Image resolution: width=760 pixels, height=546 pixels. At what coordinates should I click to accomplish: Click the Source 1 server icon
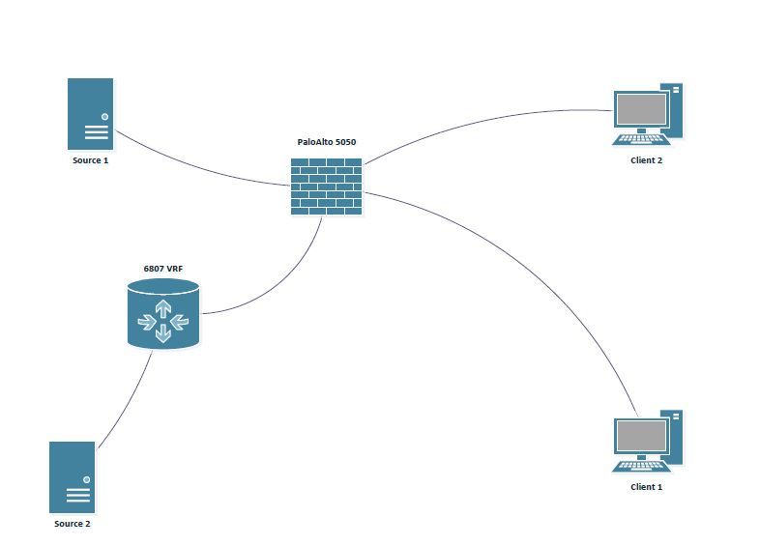pos(90,113)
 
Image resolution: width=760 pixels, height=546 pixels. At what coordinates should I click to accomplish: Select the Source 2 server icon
pos(73,476)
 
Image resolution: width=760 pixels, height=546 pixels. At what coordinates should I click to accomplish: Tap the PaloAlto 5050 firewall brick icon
pos(326,186)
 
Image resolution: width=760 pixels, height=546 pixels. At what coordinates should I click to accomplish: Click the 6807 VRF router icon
pos(162,314)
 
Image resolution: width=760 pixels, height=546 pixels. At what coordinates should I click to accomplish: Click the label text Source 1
pos(90,160)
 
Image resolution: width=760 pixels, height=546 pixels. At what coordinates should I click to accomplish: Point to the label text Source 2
pos(73,524)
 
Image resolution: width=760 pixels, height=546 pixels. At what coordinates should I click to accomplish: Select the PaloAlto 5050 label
pos(326,142)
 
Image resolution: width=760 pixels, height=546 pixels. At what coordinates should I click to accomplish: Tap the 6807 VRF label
pos(162,268)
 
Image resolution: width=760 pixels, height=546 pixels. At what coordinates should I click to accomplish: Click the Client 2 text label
pos(646,160)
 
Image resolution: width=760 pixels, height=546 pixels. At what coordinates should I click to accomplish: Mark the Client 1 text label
pos(646,487)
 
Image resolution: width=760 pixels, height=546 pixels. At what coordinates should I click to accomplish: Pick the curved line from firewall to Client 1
pos(541,271)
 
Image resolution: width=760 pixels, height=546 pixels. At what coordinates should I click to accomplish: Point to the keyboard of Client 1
pos(639,465)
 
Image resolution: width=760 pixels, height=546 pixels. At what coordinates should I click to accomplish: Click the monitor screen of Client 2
pos(642,107)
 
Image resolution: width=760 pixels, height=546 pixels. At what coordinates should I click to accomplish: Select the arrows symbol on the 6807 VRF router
pos(162,321)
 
